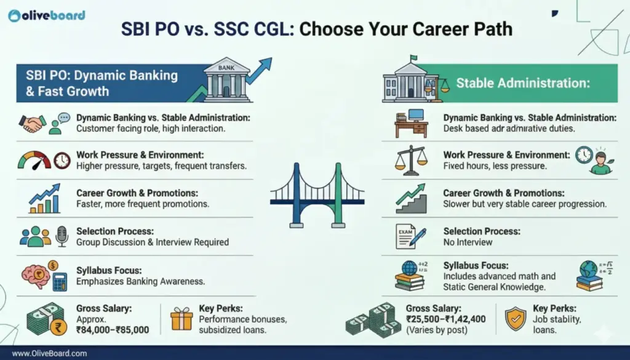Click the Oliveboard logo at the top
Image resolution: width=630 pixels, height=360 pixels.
click(x=47, y=15)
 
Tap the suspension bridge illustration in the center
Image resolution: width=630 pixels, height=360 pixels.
click(x=317, y=196)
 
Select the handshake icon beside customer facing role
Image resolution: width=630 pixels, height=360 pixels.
click(x=32, y=124)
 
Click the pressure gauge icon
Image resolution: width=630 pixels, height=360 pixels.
click(x=34, y=161)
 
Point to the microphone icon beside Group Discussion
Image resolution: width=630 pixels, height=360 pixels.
click(x=62, y=236)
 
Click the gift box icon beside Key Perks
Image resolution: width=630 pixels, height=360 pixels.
click(x=181, y=319)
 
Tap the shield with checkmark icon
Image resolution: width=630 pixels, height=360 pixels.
click(x=516, y=319)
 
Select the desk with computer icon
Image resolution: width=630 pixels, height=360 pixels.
click(x=411, y=124)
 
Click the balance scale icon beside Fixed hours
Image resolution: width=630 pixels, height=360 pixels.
click(x=411, y=161)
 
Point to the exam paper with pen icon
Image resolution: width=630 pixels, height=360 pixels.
click(x=410, y=237)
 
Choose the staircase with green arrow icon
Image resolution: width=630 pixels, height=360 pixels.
click(x=411, y=199)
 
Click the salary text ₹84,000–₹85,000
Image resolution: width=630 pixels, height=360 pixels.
click(x=113, y=330)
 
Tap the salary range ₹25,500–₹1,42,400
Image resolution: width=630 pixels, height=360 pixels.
click(x=445, y=319)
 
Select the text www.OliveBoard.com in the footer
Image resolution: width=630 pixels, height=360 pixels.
click(x=49, y=354)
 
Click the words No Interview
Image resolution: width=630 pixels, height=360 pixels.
click(x=468, y=242)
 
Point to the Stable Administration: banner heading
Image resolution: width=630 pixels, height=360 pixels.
click(x=523, y=83)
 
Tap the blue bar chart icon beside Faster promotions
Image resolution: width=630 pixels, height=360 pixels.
click(x=44, y=199)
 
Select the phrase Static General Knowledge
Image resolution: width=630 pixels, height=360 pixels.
click(x=494, y=287)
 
